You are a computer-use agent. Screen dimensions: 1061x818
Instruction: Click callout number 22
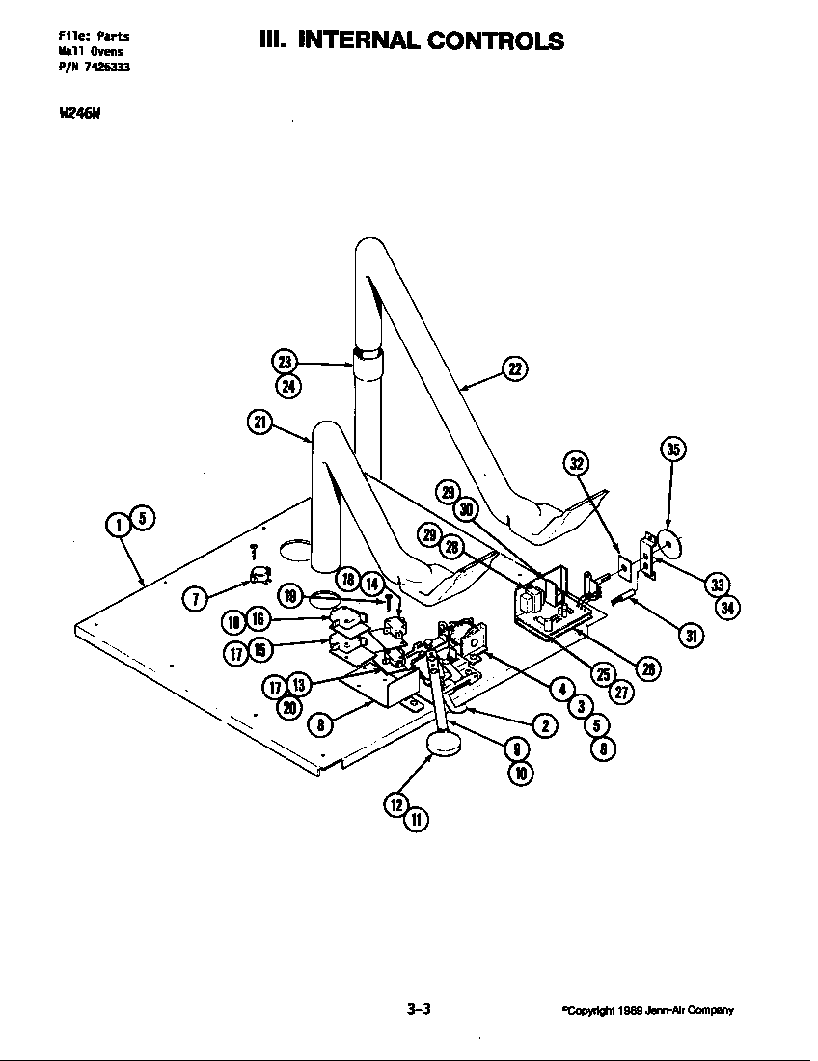(515, 367)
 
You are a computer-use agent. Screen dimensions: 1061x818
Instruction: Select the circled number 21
(259, 422)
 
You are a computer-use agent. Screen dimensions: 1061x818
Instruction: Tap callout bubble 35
(672, 449)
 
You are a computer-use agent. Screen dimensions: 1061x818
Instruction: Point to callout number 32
(576, 463)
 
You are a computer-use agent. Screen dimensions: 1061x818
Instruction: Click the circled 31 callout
(692, 635)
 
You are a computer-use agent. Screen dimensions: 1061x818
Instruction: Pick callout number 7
(195, 598)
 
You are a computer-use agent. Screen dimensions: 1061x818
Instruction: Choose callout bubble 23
(284, 363)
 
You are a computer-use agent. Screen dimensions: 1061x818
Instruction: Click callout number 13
(298, 685)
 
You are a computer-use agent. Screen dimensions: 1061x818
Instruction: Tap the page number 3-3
(418, 1010)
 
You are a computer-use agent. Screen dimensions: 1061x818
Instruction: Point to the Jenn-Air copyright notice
(647, 1011)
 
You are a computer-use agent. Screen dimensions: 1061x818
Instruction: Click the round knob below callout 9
(444, 744)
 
